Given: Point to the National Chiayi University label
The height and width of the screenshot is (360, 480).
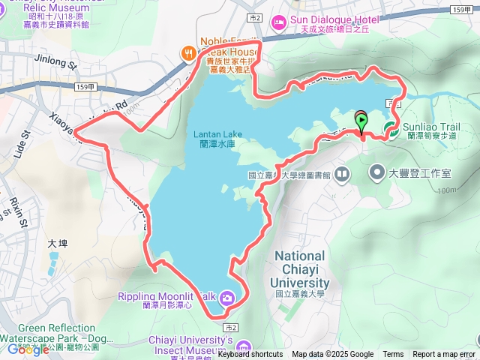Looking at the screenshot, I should click(x=300, y=269).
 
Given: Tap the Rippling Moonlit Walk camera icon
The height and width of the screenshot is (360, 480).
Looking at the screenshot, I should click(x=226, y=299).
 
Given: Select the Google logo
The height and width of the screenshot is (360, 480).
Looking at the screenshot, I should click(x=28, y=349).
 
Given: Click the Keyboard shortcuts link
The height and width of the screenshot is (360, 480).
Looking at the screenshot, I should click(x=250, y=355).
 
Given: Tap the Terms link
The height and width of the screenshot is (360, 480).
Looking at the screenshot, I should click(x=393, y=355).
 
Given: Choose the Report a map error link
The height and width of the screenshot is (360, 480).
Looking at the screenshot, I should click(x=444, y=355).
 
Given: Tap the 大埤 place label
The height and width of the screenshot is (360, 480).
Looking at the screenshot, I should click(x=57, y=244).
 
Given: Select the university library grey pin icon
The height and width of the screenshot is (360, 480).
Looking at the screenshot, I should click(x=342, y=175).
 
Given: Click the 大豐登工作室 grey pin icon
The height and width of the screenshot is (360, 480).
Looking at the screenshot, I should click(x=377, y=174).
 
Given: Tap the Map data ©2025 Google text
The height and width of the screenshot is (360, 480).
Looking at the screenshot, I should click(x=332, y=355).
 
